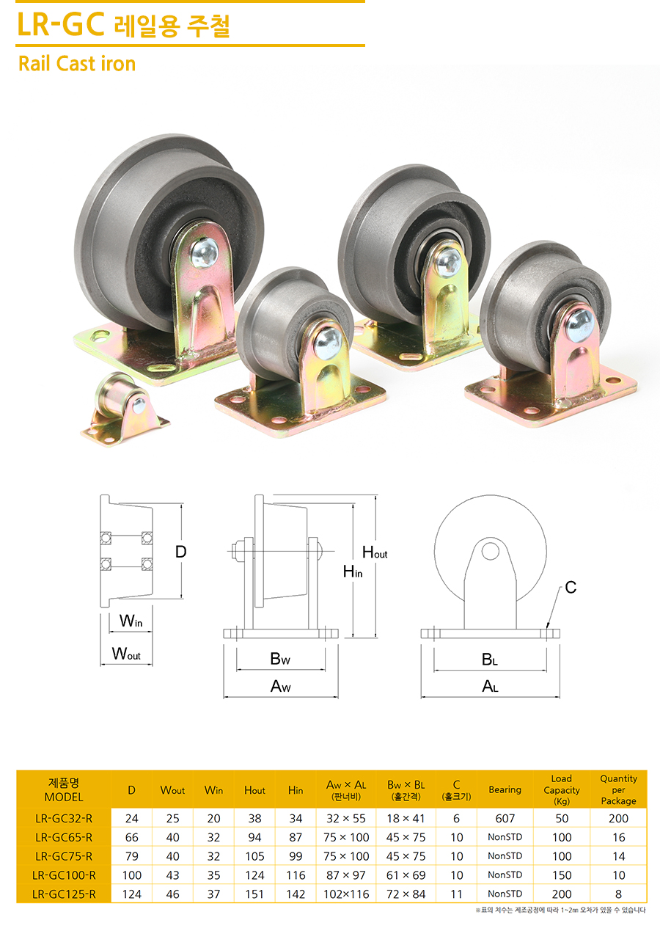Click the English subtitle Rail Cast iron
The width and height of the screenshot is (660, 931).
coord(77,64)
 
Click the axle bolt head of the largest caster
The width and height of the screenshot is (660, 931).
coord(205,252)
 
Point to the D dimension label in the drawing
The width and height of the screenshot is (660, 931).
coord(180,552)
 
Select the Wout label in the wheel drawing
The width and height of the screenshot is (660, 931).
coord(126,654)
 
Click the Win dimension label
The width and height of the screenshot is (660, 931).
coord(131,621)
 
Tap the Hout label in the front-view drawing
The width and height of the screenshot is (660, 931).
coord(375,552)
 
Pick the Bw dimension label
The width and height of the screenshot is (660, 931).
coord(280,659)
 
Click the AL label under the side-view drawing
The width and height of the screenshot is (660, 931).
coord(490,686)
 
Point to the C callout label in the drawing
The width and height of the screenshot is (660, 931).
coord(571,587)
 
